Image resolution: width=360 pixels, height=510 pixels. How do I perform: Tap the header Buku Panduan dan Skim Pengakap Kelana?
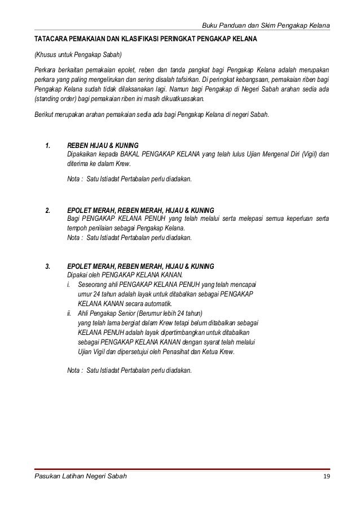(x=266, y=27)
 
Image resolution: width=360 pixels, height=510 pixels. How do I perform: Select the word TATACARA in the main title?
(x=49, y=42)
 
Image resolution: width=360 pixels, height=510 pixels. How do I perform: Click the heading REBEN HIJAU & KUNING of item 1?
(x=103, y=145)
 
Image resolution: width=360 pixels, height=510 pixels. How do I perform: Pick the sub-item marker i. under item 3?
(x=68, y=284)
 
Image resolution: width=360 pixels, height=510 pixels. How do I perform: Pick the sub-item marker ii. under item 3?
(x=69, y=313)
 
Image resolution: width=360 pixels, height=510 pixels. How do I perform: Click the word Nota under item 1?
(x=73, y=179)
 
